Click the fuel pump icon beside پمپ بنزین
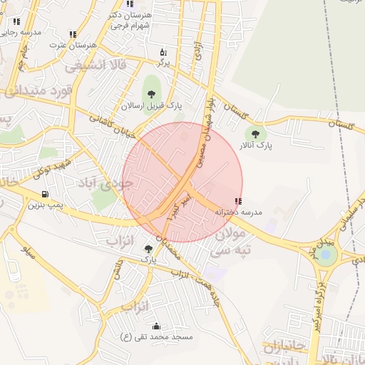[x=46, y=194]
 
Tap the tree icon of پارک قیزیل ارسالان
[x=151, y=92]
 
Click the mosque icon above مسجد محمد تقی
[x=156, y=326]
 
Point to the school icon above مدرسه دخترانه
[x=237, y=202]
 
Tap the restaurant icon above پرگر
[x=164, y=53]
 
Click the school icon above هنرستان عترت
[x=73, y=34]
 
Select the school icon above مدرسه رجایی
[x=16, y=22]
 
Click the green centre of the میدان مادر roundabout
[x=326, y=255]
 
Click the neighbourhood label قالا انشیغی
[x=96, y=66]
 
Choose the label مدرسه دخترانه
[x=244, y=212]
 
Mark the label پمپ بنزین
[x=46, y=205]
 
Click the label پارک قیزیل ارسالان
[x=151, y=105]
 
